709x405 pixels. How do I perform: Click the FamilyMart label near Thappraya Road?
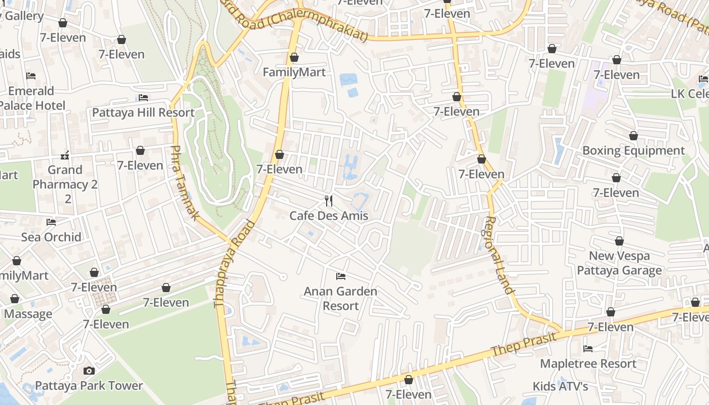click(x=294, y=72)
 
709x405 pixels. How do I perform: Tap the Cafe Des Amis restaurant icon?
click(x=329, y=201)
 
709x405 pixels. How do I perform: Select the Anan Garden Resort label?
click(x=340, y=298)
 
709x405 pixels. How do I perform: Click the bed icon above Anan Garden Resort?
click(x=341, y=276)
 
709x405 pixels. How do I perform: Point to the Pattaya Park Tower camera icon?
click(x=89, y=371)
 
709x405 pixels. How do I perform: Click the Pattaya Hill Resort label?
click(x=143, y=112)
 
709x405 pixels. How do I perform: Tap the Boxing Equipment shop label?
click(x=633, y=150)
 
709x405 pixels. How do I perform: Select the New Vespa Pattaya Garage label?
click(x=619, y=263)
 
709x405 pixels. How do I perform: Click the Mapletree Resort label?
click(x=588, y=363)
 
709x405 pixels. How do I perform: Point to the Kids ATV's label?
click(x=560, y=386)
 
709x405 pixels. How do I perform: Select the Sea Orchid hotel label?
click(x=51, y=237)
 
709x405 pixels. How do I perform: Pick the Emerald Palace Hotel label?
click(x=31, y=98)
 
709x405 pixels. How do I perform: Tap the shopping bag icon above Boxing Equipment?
click(x=633, y=136)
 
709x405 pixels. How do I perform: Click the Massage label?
click(x=28, y=314)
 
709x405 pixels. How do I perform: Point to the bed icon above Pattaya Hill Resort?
click(x=143, y=98)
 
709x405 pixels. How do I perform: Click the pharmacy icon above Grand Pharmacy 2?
click(x=65, y=154)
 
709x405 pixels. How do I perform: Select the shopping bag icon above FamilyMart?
click(x=294, y=58)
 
